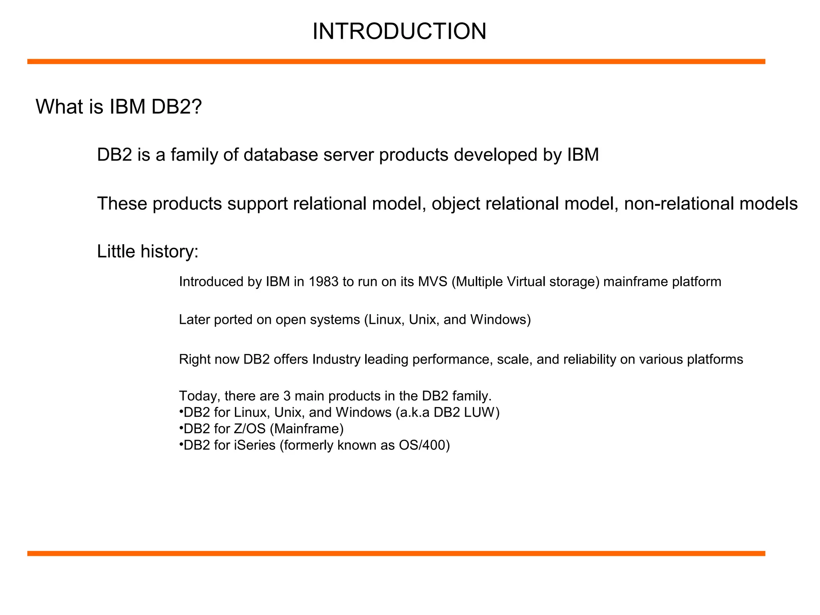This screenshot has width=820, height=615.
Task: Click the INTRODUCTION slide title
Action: (399, 31)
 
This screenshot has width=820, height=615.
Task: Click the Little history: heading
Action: (148, 251)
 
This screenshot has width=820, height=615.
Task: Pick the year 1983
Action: (324, 282)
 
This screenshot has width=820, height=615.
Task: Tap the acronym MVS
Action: (433, 282)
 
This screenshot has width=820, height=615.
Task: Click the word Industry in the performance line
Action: (336, 360)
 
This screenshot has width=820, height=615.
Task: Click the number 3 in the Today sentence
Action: (287, 396)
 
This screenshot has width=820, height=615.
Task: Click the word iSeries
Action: (255, 445)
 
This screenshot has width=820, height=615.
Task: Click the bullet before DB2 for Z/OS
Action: (181, 428)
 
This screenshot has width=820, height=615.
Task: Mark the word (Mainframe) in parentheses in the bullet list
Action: (307, 429)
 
